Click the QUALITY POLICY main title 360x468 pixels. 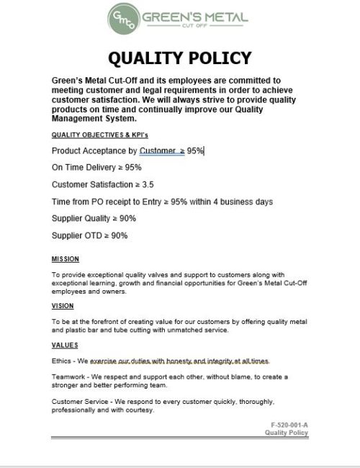click(x=180, y=58)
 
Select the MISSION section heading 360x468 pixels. click(x=66, y=259)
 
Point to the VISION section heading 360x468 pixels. click(x=63, y=306)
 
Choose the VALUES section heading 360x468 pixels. click(x=65, y=346)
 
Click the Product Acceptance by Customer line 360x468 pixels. click(x=128, y=151)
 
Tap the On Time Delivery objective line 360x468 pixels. click(x=96, y=167)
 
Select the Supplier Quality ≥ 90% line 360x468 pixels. click(x=94, y=218)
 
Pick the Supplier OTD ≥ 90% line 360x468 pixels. click(x=89, y=235)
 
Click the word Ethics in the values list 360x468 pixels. click(x=62, y=360)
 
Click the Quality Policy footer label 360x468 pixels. click(x=287, y=433)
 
